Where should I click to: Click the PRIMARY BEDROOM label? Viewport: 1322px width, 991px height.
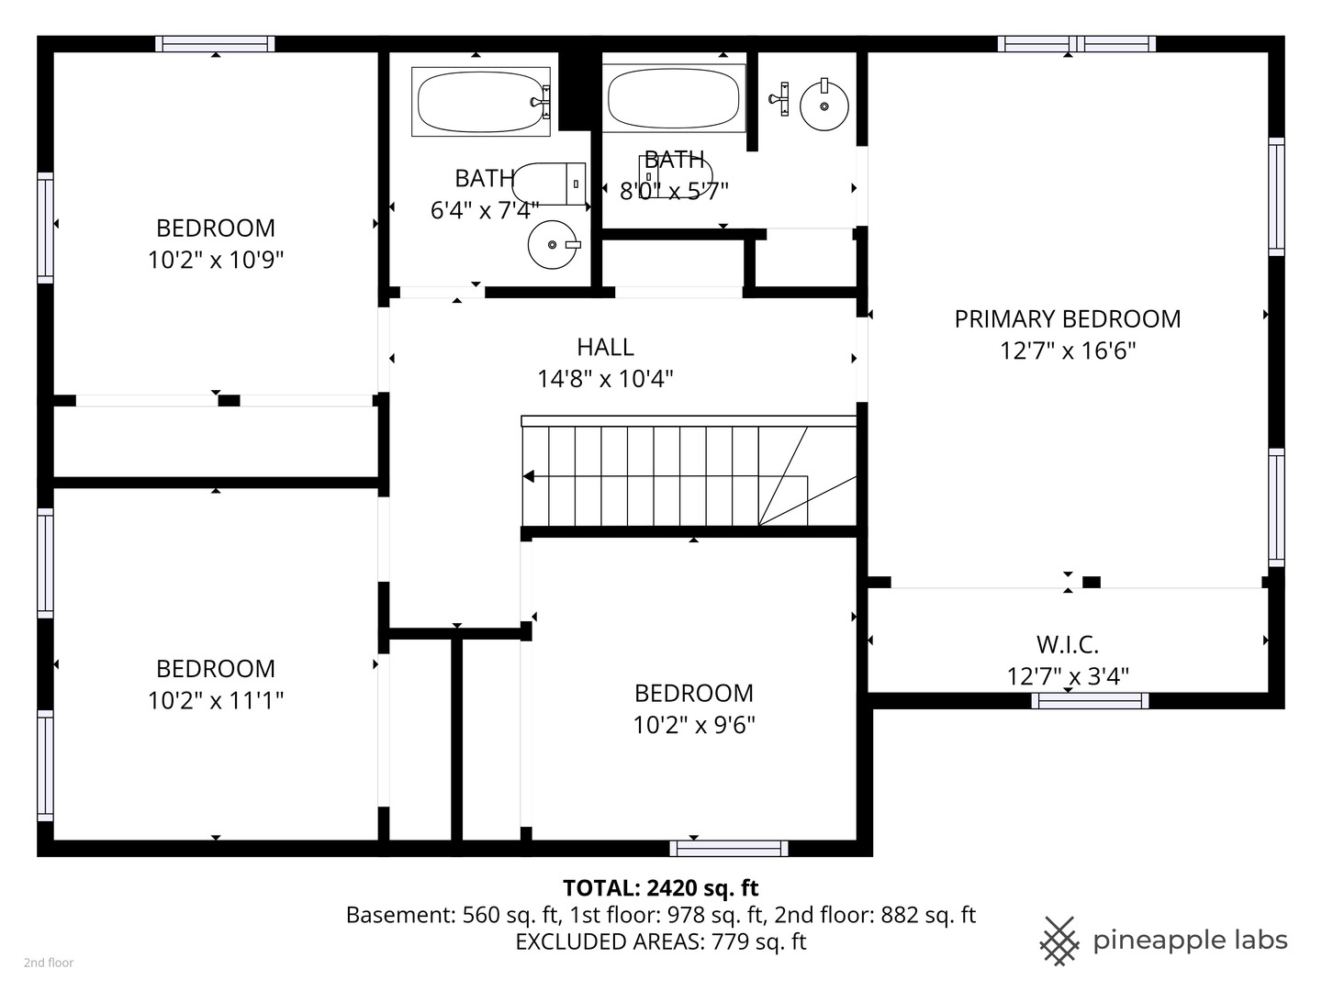point(1067,319)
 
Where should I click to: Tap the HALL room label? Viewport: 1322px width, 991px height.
point(605,347)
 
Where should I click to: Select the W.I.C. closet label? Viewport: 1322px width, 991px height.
point(1067,645)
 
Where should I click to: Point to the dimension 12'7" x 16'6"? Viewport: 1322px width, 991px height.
point(1067,351)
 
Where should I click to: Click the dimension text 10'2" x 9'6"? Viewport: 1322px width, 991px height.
point(694,725)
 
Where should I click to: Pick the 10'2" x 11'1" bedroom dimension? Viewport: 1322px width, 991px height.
point(216,700)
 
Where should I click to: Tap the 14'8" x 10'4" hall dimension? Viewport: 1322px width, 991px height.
point(605,379)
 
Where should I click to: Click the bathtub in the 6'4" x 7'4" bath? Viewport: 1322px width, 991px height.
point(481,101)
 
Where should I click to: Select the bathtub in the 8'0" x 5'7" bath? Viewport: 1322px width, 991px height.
point(673,97)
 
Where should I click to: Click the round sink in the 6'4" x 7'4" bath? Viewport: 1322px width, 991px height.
point(553,244)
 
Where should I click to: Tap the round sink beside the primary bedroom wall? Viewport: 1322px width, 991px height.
point(823,106)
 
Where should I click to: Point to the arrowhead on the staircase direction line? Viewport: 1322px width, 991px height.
point(528,476)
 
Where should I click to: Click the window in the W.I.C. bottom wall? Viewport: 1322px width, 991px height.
point(1090,701)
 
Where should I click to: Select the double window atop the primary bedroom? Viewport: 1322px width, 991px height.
point(1076,44)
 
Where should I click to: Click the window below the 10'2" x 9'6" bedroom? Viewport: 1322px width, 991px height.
point(729,849)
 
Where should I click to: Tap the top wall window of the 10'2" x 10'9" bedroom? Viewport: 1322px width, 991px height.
point(215,44)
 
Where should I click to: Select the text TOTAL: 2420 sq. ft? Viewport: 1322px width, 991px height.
point(661,887)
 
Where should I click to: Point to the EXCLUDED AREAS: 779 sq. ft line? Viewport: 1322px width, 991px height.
point(661,941)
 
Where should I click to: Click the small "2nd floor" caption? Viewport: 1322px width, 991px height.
point(49,963)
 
